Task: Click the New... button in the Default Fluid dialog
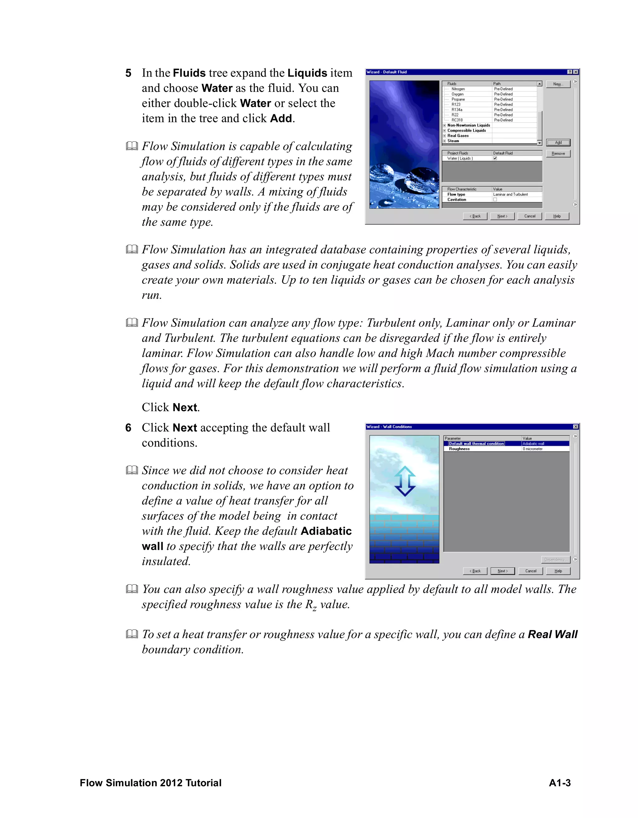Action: pos(558,84)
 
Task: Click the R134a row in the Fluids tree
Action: pos(457,110)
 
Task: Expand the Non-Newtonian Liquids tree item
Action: pos(444,125)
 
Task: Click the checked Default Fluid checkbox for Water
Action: pos(495,158)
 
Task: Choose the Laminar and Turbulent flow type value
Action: pos(510,195)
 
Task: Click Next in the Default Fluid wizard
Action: pos(502,216)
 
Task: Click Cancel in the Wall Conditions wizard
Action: pos(531,571)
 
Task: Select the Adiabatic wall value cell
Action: pos(533,444)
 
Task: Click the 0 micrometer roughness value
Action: pos(533,449)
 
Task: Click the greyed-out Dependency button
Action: pos(555,560)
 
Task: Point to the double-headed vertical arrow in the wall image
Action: pos(405,481)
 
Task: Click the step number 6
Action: pos(128,428)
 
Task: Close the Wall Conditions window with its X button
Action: pos(575,427)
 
